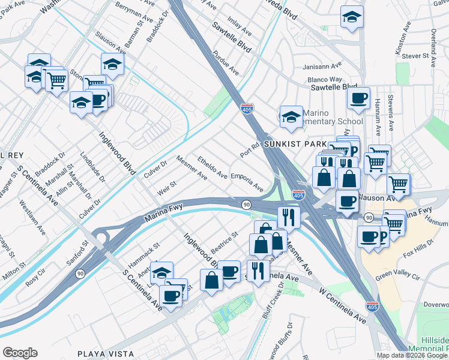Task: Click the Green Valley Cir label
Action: click(x=399, y=274)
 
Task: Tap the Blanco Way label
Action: click(x=324, y=79)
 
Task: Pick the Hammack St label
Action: click(x=146, y=251)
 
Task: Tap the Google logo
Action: click(x=20, y=353)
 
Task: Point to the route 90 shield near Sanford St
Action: click(x=79, y=273)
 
